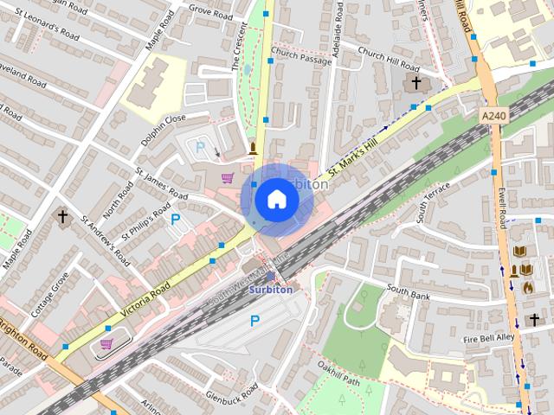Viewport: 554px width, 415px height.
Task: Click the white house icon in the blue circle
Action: click(276, 200)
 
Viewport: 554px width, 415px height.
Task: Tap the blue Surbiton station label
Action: click(271, 290)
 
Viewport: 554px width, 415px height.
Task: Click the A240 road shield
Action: click(494, 113)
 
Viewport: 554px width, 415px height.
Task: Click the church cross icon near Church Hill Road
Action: click(416, 83)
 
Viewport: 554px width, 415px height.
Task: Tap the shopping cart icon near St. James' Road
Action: click(228, 177)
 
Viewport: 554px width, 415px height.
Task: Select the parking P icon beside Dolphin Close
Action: click(201, 146)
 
